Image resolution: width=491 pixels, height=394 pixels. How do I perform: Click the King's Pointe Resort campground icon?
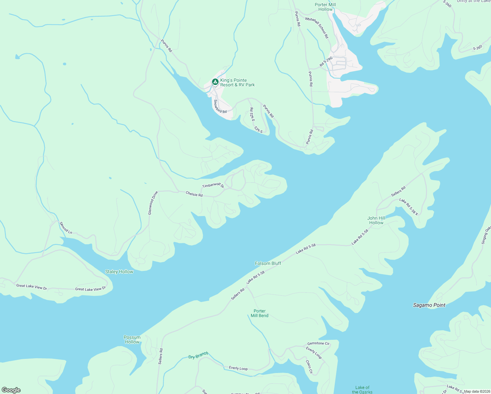pyautogui.click(x=215, y=82)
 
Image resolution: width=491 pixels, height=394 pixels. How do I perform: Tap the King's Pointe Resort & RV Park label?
pyautogui.click(x=237, y=83)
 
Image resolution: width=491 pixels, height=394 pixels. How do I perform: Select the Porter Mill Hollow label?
pyautogui.click(x=325, y=7)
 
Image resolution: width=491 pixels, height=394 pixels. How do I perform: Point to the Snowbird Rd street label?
pyautogui.click(x=220, y=107)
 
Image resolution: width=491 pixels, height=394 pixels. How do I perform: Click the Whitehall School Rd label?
pyautogui.click(x=317, y=28)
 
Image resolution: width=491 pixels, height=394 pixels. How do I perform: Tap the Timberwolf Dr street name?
pyautogui.click(x=213, y=186)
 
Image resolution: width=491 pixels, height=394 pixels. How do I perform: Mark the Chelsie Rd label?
pyautogui.click(x=194, y=194)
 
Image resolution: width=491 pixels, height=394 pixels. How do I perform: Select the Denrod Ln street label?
pyautogui.click(x=66, y=228)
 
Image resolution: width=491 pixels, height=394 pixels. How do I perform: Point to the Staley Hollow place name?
pyautogui.click(x=119, y=272)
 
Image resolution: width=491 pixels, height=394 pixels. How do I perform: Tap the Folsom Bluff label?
pyautogui.click(x=268, y=263)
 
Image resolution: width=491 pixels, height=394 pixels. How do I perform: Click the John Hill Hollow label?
pyautogui.click(x=376, y=220)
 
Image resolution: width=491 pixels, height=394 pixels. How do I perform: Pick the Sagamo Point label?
pyautogui.click(x=429, y=305)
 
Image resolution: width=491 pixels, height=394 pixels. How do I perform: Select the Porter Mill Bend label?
pyautogui.click(x=259, y=313)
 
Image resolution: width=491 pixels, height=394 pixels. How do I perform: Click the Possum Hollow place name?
pyautogui.click(x=132, y=339)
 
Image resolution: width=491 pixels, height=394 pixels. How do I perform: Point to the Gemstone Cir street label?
pyautogui.click(x=318, y=343)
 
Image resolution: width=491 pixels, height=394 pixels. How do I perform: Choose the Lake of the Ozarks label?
pyautogui.click(x=362, y=390)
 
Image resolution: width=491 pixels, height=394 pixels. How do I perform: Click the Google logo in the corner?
pyautogui.click(x=11, y=390)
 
